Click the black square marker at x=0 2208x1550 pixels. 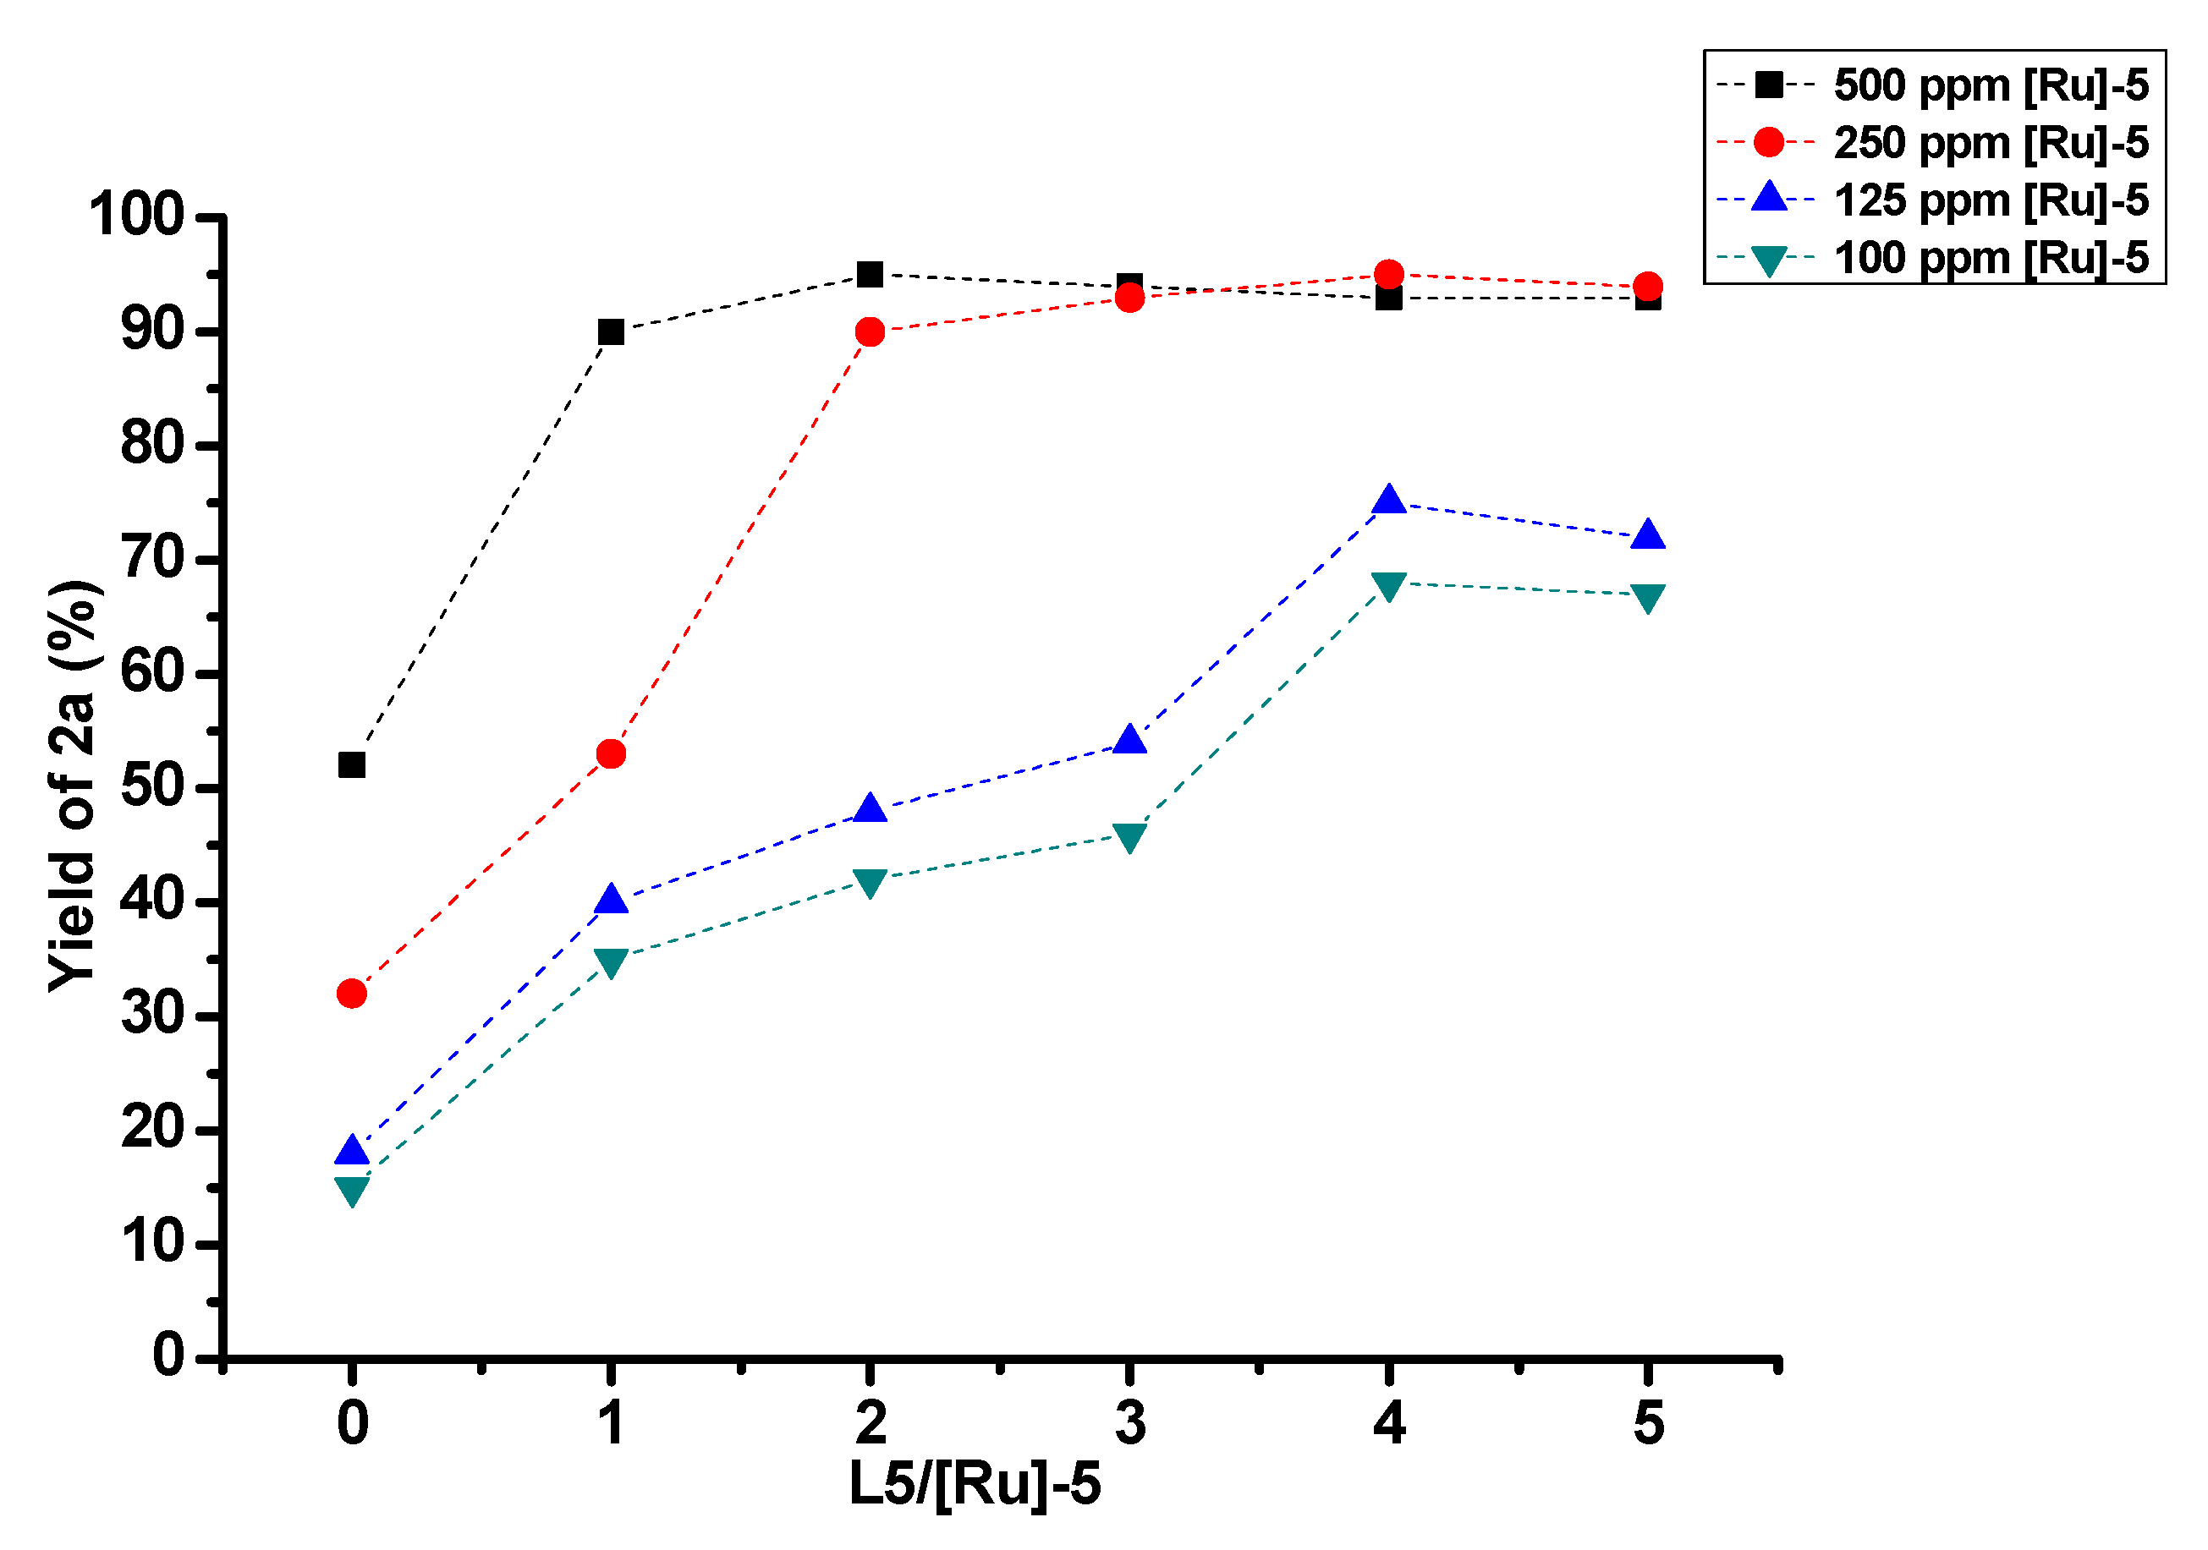[352, 765]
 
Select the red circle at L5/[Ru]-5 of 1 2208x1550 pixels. [611, 753]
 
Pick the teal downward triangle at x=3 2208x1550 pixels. [1130, 835]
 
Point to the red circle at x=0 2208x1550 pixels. [352, 994]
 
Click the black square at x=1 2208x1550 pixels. [611, 331]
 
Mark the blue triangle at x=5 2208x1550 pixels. [1648, 535]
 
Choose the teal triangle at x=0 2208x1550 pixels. [352, 1191]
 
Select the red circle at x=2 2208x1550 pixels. [871, 331]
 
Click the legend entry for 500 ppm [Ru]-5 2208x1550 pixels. [1991, 85]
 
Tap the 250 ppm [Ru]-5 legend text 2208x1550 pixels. [1991, 143]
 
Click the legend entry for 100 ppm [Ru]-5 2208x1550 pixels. [1991, 259]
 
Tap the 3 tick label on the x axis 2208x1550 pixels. [1130, 1423]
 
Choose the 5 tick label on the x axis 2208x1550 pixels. [1648, 1423]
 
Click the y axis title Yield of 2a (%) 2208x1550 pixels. [73, 786]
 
